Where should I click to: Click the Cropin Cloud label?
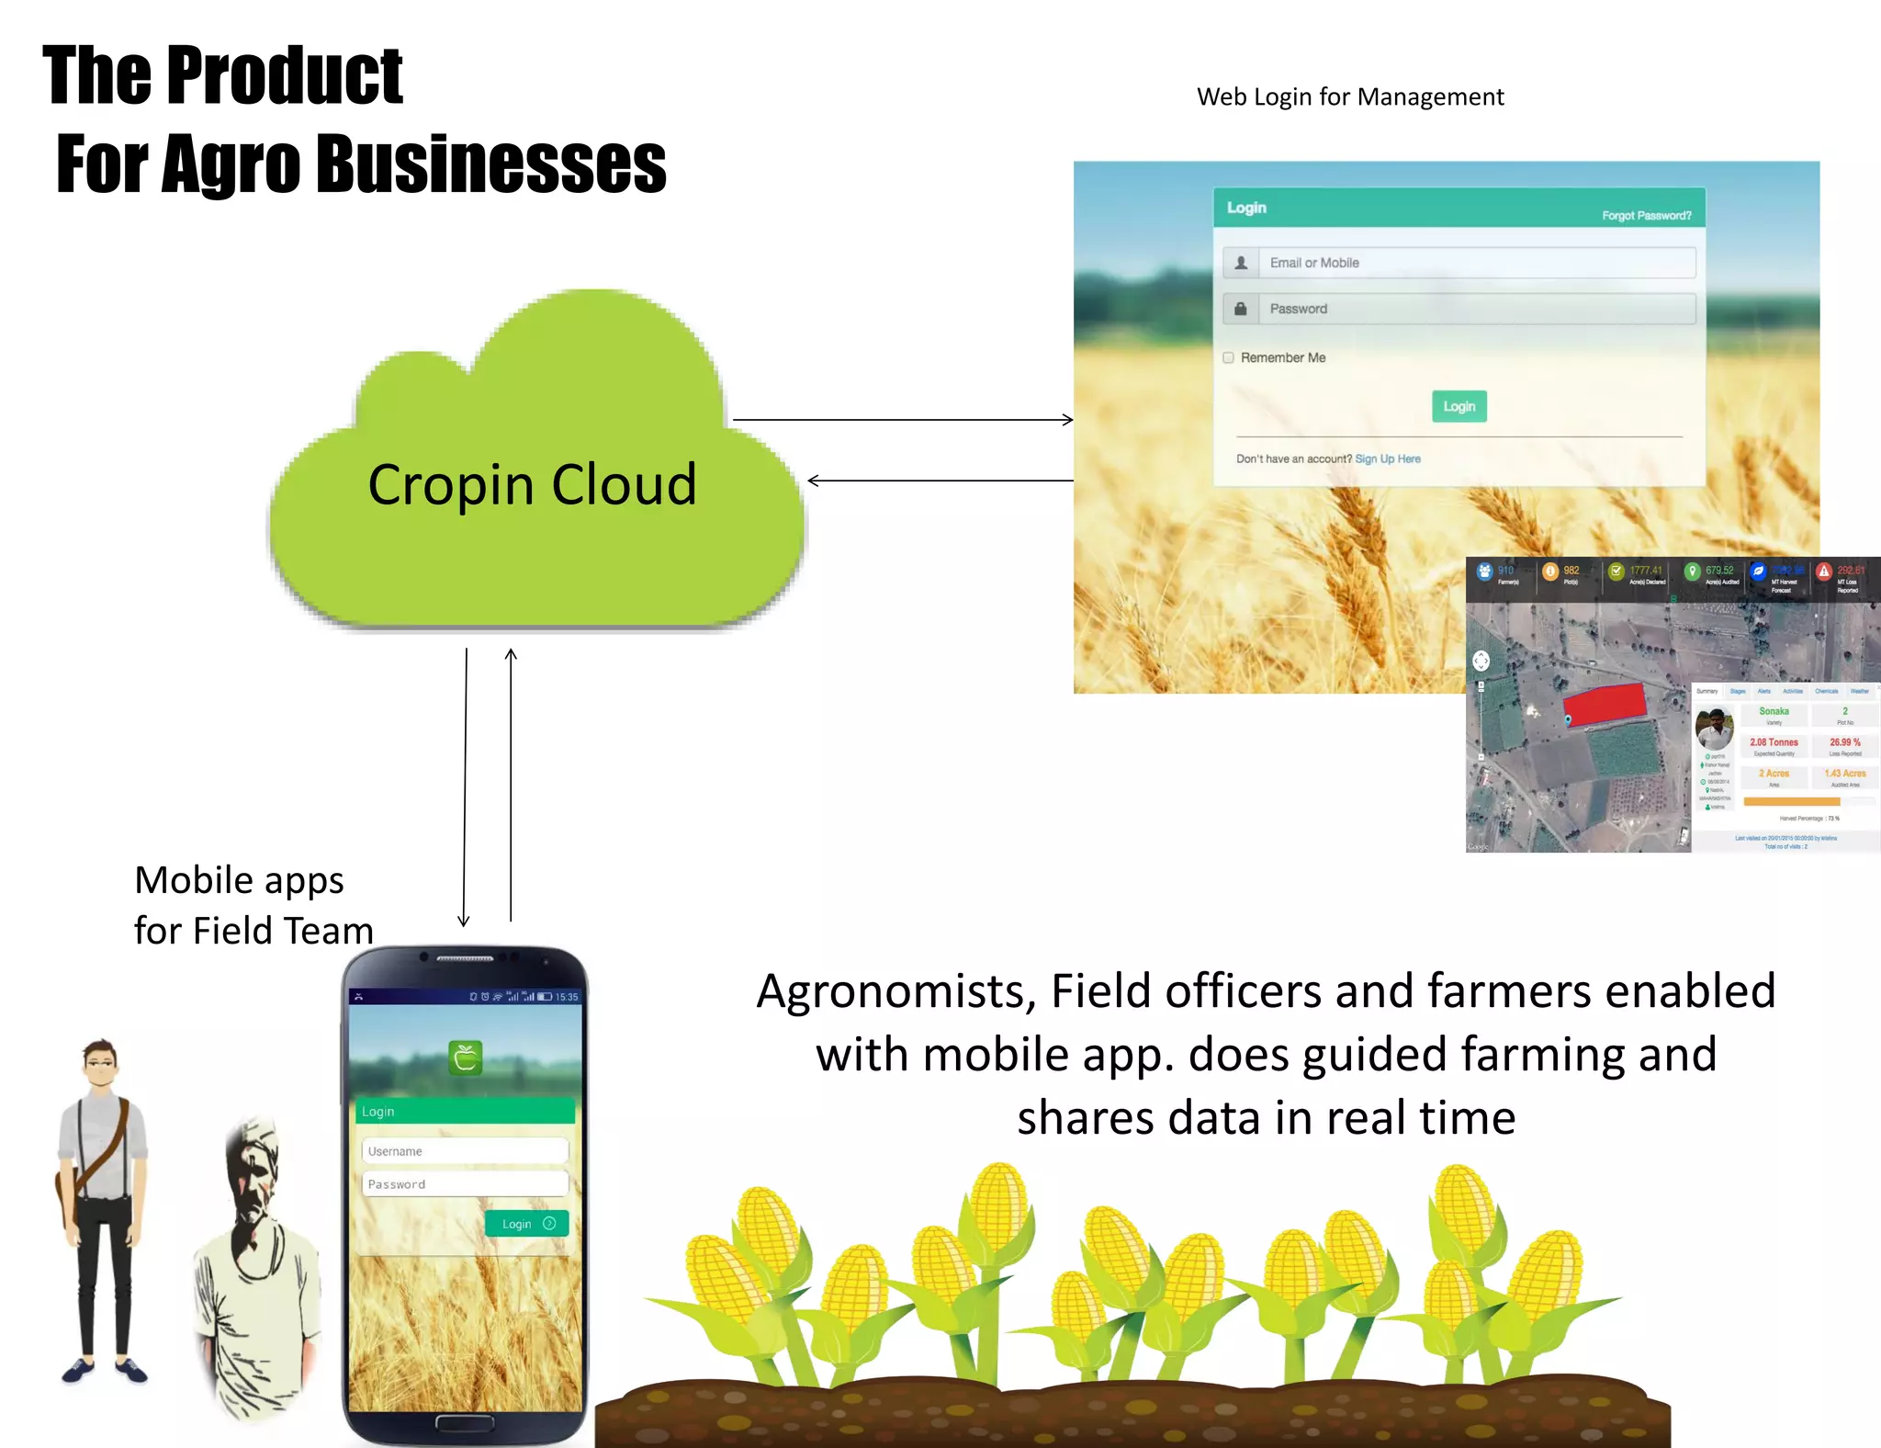[x=532, y=484]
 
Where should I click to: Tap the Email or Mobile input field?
[x=1475, y=263]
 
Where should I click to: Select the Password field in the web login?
[x=1475, y=309]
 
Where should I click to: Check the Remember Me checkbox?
[x=1229, y=357]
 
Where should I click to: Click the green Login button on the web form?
[x=1459, y=406]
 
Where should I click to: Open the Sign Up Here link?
[x=1387, y=458]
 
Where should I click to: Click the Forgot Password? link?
[x=1646, y=216]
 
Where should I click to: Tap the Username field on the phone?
[x=465, y=1151]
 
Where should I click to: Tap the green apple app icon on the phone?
[x=466, y=1058]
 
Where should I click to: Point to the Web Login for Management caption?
[x=1350, y=96]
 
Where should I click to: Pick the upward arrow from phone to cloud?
[x=511, y=785]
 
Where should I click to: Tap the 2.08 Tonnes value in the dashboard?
[x=1774, y=742]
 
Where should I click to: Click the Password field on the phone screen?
[x=465, y=1184]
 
